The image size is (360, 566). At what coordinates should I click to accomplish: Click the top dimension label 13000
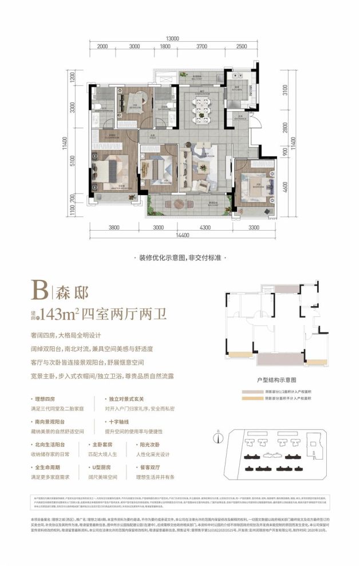click(173, 38)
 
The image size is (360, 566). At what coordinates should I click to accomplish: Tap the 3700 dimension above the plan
click(201, 46)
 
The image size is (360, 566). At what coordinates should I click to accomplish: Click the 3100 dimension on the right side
click(286, 90)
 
